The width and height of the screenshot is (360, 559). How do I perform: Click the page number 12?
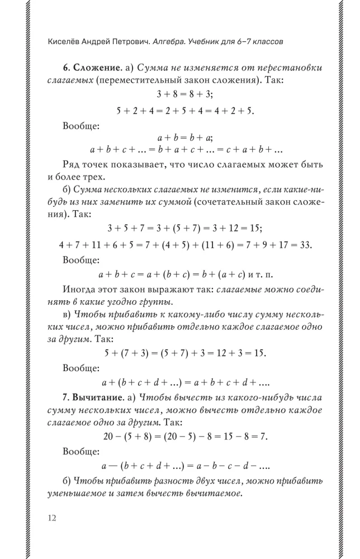pos(51,518)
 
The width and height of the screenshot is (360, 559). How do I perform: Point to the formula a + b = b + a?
pos(185,137)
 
